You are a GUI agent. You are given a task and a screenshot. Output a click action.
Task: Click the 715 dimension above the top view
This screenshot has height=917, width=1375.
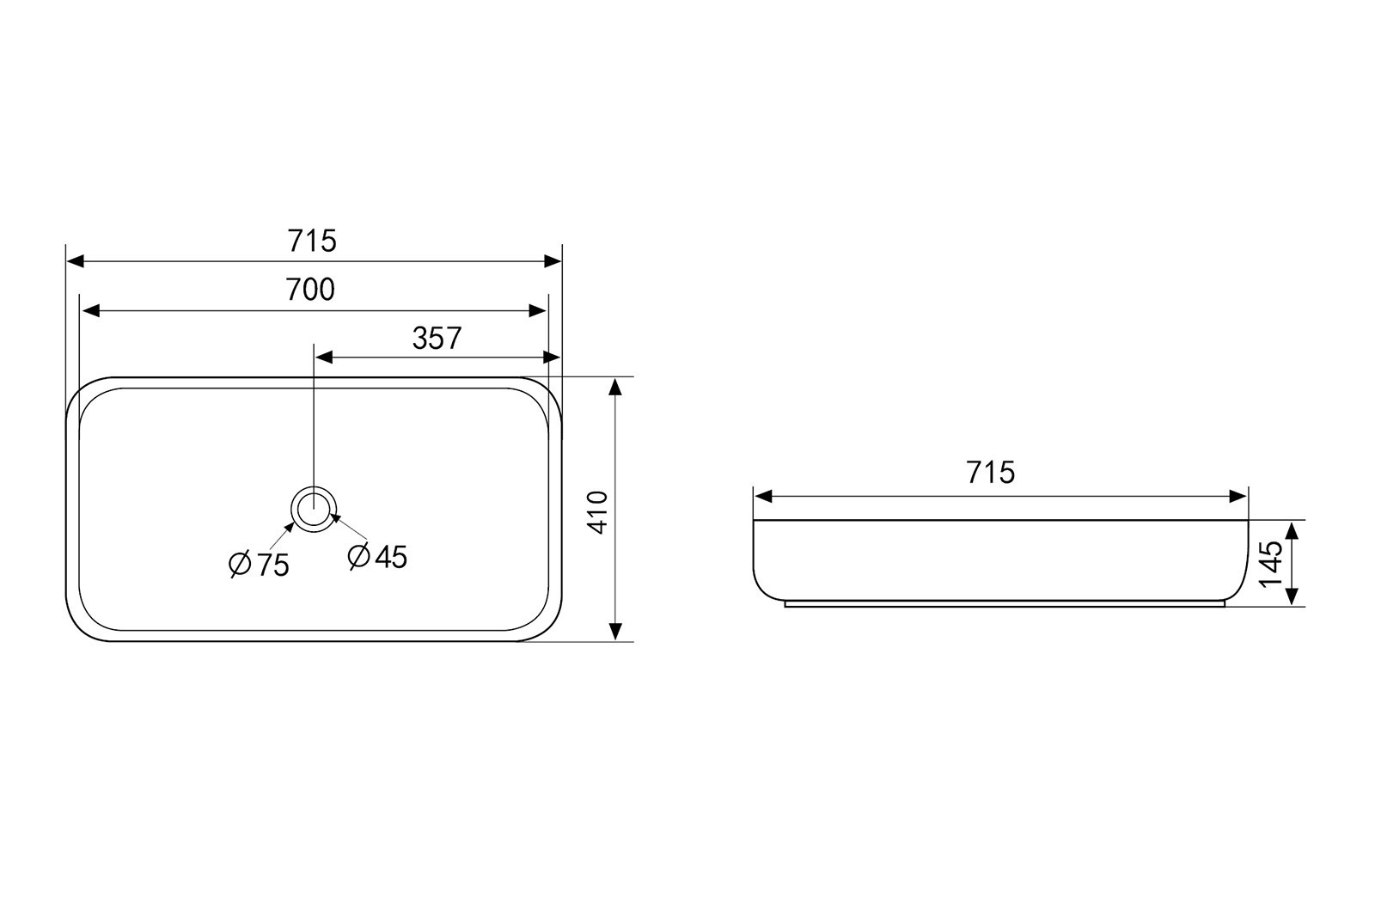[x=312, y=241]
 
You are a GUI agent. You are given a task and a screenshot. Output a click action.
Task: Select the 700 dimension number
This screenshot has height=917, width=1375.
[x=310, y=290]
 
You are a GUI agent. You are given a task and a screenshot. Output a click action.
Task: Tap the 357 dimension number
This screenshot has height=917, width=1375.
[x=437, y=339]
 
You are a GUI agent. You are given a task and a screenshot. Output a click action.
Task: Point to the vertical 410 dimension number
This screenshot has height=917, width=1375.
[x=597, y=512]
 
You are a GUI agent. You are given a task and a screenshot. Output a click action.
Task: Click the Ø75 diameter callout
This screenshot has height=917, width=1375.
[x=259, y=564]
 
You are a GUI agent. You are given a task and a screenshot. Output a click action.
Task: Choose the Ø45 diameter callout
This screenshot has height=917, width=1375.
[x=377, y=557]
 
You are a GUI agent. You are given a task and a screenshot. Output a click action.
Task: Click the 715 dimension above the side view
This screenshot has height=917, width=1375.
[x=991, y=473]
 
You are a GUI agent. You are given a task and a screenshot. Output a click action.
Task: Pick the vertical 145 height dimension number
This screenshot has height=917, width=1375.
[x=1271, y=564]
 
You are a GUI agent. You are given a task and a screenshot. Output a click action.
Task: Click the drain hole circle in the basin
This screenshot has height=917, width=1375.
[x=314, y=509]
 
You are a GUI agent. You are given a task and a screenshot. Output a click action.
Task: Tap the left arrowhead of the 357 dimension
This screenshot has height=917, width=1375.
[x=323, y=358]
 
